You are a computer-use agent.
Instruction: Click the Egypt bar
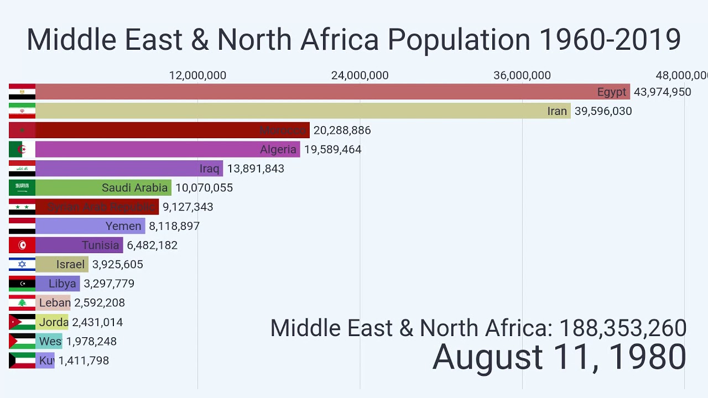click(x=332, y=92)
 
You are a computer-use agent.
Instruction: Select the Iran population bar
click(x=303, y=111)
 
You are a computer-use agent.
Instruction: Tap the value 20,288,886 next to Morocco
click(x=342, y=130)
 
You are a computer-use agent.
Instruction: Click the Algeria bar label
click(x=278, y=149)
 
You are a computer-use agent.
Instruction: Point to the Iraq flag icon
click(x=22, y=169)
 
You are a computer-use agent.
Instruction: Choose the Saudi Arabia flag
click(x=22, y=187)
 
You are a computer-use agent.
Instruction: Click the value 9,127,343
click(x=188, y=207)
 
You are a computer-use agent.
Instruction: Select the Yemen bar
click(x=90, y=226)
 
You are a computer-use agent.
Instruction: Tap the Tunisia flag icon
click(x=22, y=245)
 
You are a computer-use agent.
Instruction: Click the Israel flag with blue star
click(x=22, y=264)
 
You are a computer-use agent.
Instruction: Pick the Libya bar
click(x=58, y=284)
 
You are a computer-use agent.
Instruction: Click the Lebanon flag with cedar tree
click(x=22, y=303)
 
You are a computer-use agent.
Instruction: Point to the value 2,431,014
click(x=97, y=322)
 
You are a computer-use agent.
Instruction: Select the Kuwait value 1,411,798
click(x=84, y=360)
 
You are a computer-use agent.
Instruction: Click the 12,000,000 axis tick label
click(x=197, y=75)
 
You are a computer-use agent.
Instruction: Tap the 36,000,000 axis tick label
click(x=522, y=75)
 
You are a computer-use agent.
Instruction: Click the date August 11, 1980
click(x=559, y=357)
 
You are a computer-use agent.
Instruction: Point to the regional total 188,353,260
click(x=623, y=328)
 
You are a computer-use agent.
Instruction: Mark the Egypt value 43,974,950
click(x=662, y=92)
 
